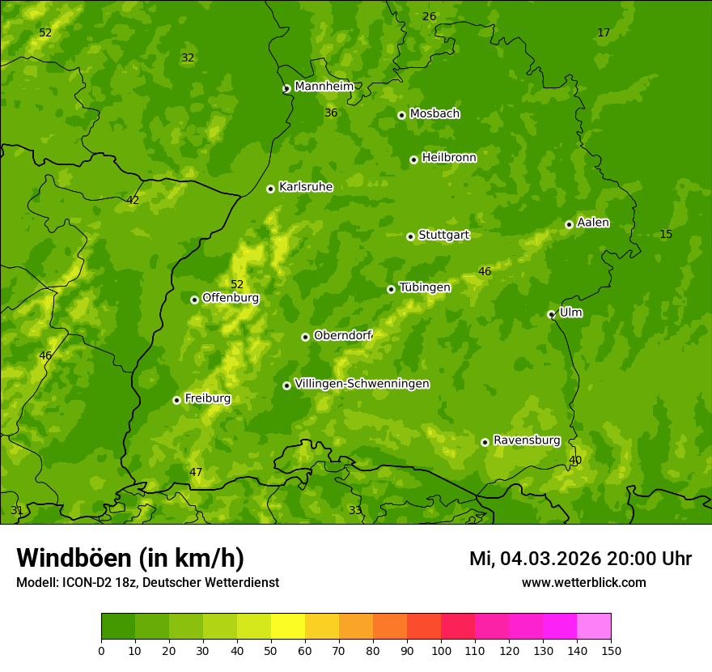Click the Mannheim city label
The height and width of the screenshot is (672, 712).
[x=324, y=87]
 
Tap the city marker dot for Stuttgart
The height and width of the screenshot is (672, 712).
[x=410, y=236]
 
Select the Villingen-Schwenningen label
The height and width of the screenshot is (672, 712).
[x=362, y=384]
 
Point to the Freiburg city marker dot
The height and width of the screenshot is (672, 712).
[x=176, y=400]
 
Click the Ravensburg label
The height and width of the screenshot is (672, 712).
[x=526, y=440]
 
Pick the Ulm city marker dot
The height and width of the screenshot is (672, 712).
[x=551, y=314]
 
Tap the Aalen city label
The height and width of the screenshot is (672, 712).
[x=592, y=223]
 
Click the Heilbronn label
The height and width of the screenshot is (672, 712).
[x=448, y=158]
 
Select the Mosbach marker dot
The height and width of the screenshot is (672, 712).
[x=401, y=115]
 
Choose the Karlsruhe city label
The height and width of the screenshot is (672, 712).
[x=305, y=187]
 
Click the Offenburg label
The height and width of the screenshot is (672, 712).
[x=230, y=298]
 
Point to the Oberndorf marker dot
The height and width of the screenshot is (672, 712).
[x=305, y=337]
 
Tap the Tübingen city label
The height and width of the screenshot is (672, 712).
[x=424, y=287]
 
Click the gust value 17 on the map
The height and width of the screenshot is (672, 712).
[x=604, y=33]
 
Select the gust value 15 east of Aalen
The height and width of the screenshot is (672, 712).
[x=666, y=235]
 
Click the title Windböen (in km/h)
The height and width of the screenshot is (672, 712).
[x=130, y=558]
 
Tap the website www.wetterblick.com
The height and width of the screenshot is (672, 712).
[x=583, y=582]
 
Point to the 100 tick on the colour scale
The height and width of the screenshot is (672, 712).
[x=441, y=650]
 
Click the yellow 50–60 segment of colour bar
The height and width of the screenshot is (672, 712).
[x=288, y=627]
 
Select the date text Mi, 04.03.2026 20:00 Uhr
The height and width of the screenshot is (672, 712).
[x=579, y=559]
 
